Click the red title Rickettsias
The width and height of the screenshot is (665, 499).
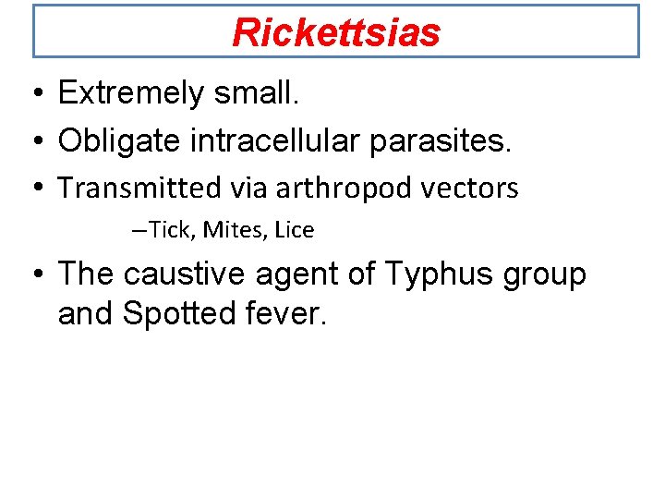click(336, 33)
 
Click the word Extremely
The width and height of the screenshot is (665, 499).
click(128, 93)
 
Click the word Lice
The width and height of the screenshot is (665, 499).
click(295, 230)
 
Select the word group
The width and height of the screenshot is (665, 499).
click(546, 276)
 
